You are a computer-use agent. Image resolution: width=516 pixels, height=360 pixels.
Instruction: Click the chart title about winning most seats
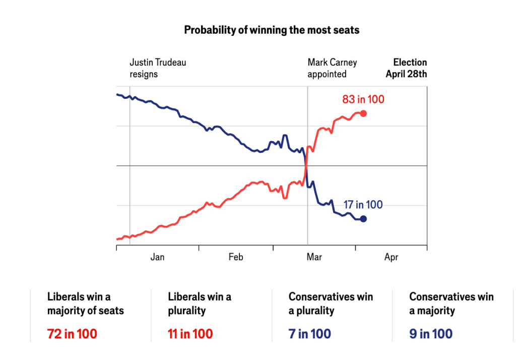pyautogui.click(x=272, y=30)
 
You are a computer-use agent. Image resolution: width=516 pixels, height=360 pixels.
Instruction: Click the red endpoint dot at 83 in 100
pyautogui.click(x=363, y=113)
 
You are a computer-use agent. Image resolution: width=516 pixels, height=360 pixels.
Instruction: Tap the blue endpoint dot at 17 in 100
pyautogui.click(x=363, y=219)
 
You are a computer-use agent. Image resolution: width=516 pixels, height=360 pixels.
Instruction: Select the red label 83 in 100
pyautogui.click(x=363, y=99)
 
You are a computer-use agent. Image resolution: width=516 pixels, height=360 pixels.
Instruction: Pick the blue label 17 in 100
pyautogui.click(x=363, y=205)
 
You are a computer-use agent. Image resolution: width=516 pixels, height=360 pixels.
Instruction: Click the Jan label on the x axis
pyautogui.click(x=157, y=257)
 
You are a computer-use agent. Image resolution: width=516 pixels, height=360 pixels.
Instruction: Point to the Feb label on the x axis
pyautogui.click(x=236, y=257)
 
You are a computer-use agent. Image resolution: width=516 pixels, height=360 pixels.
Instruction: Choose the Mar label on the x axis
pyautogui.click(x=314, y=257)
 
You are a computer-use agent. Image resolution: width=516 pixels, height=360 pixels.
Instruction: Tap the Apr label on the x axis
pyautogui.click(x=391, y=257)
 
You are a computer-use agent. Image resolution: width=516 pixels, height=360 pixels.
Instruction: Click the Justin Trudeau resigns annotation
pyautogui.click(x=158, y=68)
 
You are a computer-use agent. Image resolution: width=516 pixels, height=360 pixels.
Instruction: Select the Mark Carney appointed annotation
pyautogui.click(x=332, y=68)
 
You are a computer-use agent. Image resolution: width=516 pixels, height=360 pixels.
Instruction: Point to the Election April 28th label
pyautogui.click(x=407, y=68)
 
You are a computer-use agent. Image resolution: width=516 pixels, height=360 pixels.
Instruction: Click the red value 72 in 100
pyautogui.click(x=72, y=334)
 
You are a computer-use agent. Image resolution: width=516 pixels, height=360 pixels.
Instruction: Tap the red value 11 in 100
pyautogui.click(x=190, y=334)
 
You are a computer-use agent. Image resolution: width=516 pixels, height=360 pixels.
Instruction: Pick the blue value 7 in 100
pyautogui.click(x=310, y=334)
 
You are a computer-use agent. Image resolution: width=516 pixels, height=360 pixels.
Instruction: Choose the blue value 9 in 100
pyautogui.click(x=431, y=334)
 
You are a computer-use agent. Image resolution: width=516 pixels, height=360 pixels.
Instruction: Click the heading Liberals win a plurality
pyautogui.click(x=200, y=304)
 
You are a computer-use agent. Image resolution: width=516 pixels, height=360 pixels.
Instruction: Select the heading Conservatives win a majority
pyautogui.click(x=451, y=304)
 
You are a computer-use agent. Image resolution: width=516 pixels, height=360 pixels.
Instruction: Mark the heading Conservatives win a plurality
pyautogui.click(x=331, y=304)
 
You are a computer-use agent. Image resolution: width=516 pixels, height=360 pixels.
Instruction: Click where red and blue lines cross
pyautogui.click(x=306, y=165)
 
